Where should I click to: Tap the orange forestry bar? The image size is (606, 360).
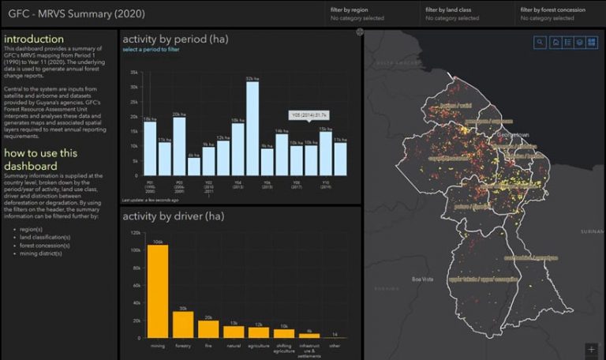pos(184,323)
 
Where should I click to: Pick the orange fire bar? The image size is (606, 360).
pos(209,328)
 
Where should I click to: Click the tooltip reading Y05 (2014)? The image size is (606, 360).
pos(309,114)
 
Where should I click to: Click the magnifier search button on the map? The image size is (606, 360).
pos(540,42)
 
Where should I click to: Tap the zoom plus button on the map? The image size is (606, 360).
pos(591,348)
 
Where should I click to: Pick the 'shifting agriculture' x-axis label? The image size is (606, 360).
pos(284,348)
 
